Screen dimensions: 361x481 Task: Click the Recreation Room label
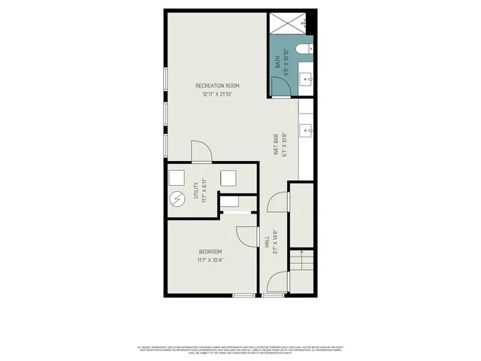(x=218, y=86)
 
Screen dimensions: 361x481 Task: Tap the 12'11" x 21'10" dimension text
(x=218, y=95)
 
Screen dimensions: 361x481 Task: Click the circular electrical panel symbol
(x=177, y=200)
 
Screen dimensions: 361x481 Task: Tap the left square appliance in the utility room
(x=177, y=177)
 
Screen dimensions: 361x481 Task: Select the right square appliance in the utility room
(x=228, y=177)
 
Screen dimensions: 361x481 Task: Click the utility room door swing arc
(x=200, y=151)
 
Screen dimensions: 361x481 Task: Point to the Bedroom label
(x=210, y=251)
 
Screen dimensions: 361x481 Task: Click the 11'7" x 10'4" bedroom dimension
(x=210, y=260)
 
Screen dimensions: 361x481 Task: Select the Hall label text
(x=267, y=242)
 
